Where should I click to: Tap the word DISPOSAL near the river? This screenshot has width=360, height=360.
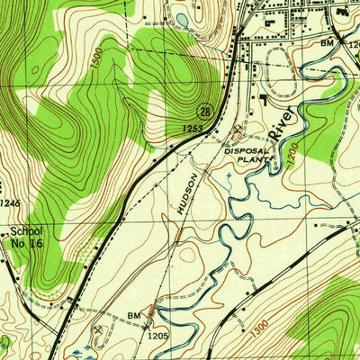247,151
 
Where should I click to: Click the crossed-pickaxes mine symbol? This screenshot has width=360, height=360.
97,329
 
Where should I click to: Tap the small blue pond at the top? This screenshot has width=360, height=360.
184,18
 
